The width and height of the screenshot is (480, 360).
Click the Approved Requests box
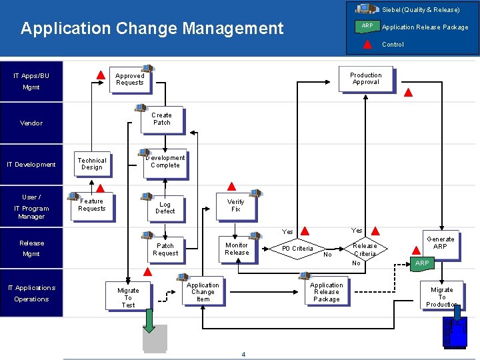click(130, 79)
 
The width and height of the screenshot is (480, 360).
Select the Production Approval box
click(365, 79)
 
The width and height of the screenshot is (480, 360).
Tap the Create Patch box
click(162, 119)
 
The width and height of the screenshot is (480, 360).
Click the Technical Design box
click(92, 164)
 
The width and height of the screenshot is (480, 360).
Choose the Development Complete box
click(165, 162)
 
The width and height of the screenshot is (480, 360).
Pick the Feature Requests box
click(92, 205)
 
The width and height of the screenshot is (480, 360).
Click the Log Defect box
click(165, 208)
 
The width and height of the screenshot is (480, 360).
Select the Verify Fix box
click(235, 205)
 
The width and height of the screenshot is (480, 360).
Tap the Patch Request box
click(165, 249)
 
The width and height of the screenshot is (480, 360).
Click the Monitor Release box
click(237, 249)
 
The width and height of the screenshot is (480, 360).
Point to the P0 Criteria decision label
click(297, 249)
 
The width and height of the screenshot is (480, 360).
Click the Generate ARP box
click(440, 243)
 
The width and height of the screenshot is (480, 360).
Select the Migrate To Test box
click(128, 297)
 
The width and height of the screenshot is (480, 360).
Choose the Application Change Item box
click(203, 292)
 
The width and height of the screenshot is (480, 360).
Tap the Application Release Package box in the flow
click(327, 292)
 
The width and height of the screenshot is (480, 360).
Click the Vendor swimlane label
click(31, 123)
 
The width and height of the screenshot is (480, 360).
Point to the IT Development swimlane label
click(31, 165)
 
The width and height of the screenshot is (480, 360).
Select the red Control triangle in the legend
click(367, 45)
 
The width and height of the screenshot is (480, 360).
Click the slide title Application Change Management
click(152, 29)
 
